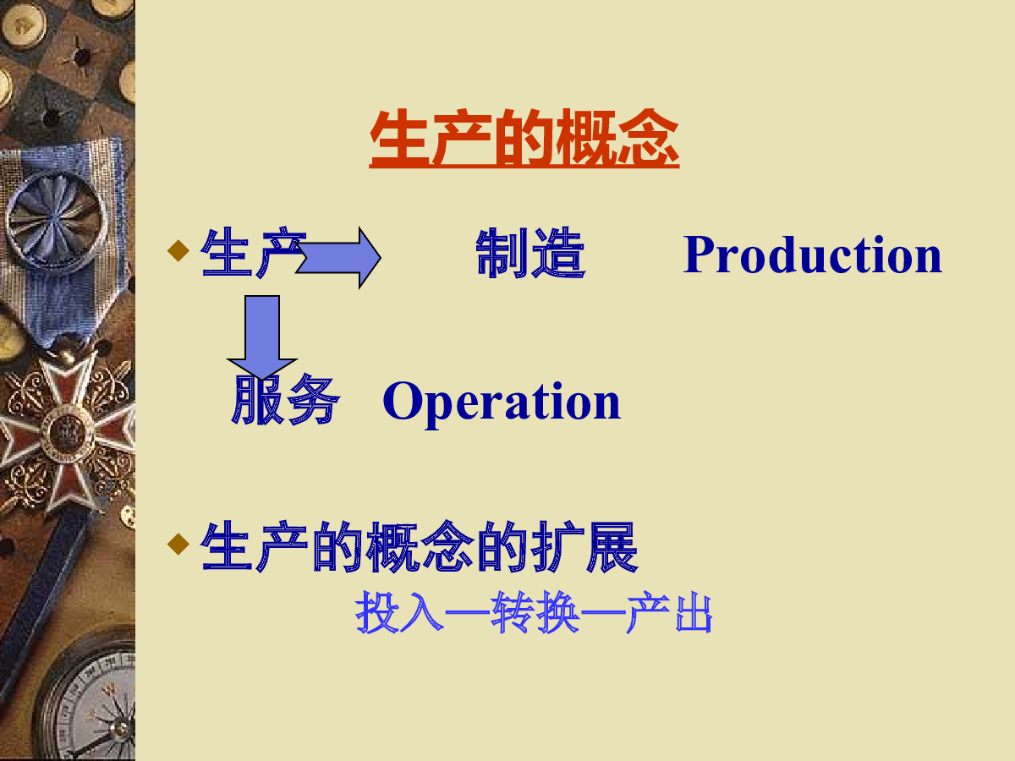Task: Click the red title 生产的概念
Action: [524, 138]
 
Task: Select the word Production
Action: [813, 255]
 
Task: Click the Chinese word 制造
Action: [531, 253]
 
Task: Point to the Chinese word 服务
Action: [286, 400]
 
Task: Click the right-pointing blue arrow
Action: [338, 257]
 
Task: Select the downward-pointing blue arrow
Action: [262, 337]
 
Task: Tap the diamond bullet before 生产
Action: [178, 250]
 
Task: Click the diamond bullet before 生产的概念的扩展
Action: [178, 544]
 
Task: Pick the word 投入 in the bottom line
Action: [399, 613]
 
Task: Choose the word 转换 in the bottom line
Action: [535, 613]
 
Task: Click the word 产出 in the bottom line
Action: [669, 613]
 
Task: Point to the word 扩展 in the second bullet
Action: [585, 546]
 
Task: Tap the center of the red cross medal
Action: [68, 435]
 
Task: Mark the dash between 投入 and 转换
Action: [468, 613]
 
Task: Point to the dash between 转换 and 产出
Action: [603, 613]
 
